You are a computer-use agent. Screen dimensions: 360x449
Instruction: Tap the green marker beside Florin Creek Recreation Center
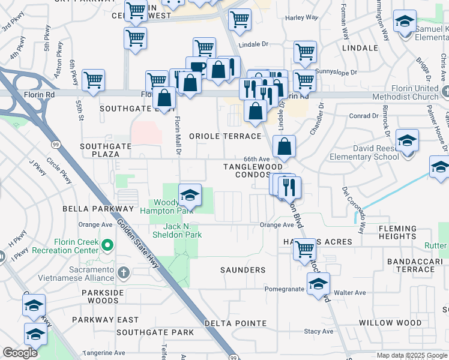tap(108, 245)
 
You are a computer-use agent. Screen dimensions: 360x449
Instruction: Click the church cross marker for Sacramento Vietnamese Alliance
tap(124, 274)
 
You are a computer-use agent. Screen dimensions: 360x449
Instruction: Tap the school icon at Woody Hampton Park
tap(190, 196)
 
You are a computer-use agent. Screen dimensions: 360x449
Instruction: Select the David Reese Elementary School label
tap(364, 152)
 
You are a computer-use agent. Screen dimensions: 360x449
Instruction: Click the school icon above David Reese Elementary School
tap(407, 142)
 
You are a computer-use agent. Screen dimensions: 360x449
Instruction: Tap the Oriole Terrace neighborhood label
tap(226, 136)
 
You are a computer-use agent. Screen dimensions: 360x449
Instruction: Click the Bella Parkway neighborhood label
tap(98, 208)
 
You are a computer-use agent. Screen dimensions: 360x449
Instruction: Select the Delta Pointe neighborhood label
tap(235, 323)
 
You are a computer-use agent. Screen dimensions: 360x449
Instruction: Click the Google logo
tap(20, 353)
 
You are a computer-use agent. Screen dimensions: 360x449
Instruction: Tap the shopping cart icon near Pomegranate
tap(305, 249)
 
